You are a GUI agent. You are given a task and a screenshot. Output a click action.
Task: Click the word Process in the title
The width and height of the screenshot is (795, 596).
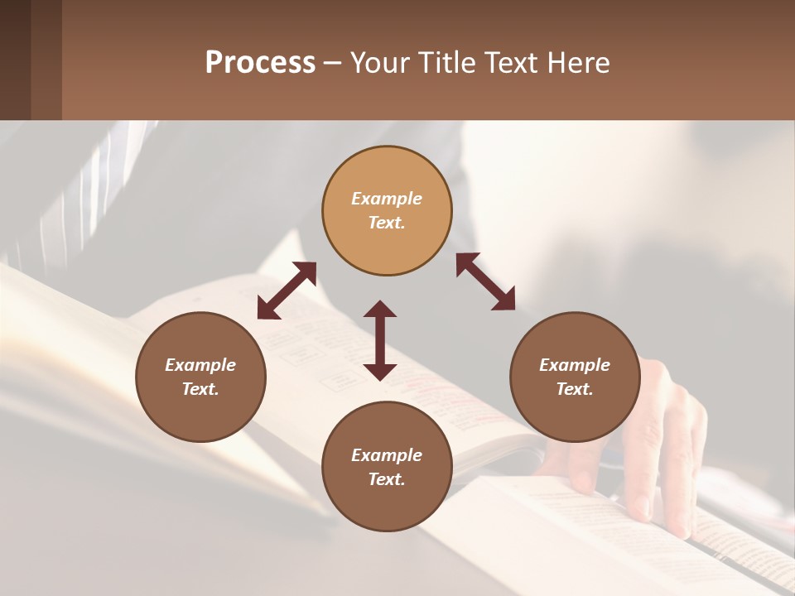[x=260, y=63]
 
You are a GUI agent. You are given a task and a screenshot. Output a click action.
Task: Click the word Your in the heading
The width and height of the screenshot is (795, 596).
[x=379, y=63]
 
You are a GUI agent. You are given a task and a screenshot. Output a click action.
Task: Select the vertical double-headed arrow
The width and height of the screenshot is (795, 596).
[x=380, y=340]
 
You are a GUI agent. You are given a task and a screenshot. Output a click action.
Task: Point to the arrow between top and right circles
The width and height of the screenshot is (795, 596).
[x=485, y=281]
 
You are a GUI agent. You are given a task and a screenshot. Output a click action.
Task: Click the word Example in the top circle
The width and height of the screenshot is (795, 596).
[x=387, y=199]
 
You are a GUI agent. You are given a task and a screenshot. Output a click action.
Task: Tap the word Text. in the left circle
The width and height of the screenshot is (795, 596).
[x=200, y=389]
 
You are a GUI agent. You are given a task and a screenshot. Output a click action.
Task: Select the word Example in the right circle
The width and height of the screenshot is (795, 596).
[x=575, y=365]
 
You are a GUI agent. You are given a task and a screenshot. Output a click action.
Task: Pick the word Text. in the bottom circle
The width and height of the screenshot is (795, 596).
[x=387, y=479]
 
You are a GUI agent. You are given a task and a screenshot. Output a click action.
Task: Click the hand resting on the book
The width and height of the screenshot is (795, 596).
[x=662, y=447]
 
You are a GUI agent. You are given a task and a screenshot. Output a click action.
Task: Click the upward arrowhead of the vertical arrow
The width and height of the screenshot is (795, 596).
[x=380, y=309]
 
